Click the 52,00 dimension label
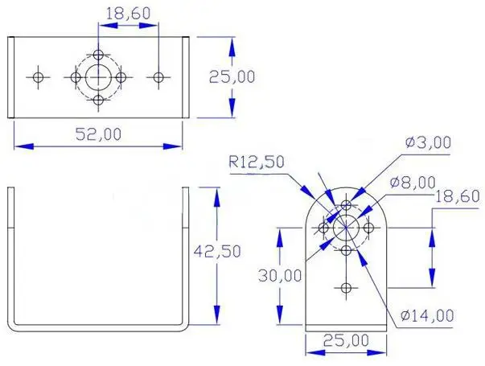[98, 134]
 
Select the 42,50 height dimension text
[217, 251]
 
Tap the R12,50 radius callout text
[257, 162]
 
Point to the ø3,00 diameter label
[428, 142]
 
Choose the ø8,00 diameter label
[413, 183]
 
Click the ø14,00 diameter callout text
[427, 315]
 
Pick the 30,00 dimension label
[280, 275]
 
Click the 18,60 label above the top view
[128, 14]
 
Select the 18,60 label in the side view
[458, 196]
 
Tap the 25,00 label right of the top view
[232, 76]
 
